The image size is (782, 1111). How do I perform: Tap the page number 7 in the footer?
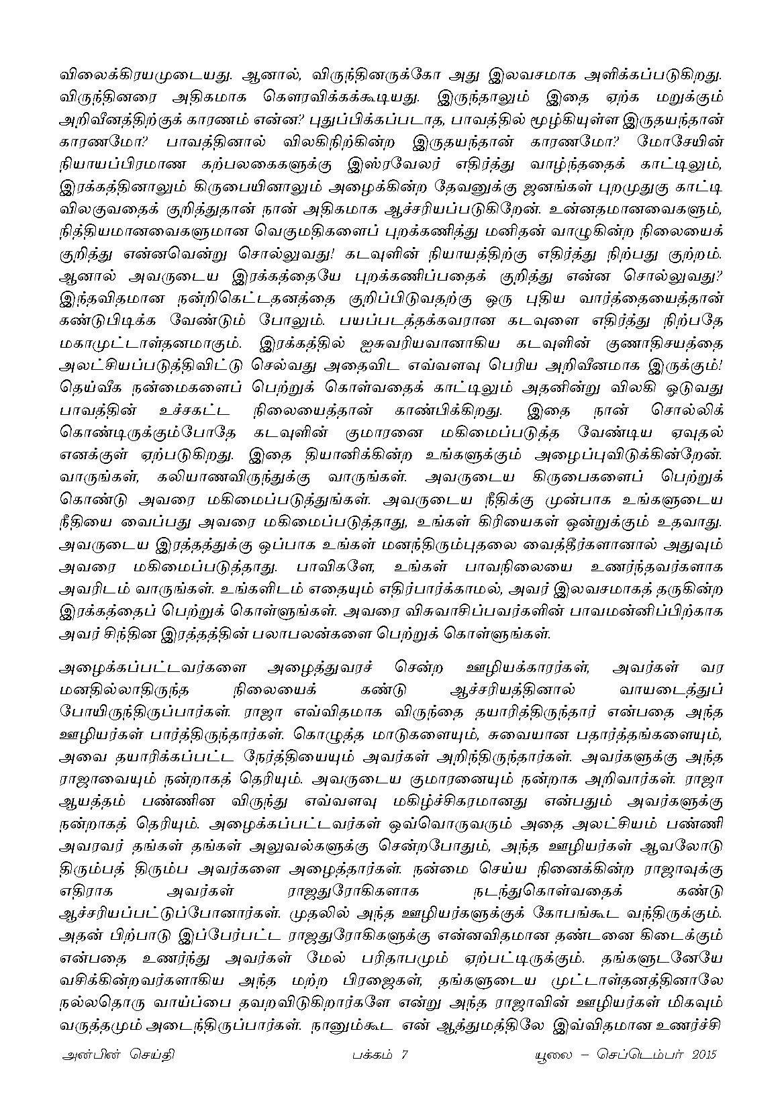point(404,1054)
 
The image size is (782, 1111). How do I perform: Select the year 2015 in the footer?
point(701,1054)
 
